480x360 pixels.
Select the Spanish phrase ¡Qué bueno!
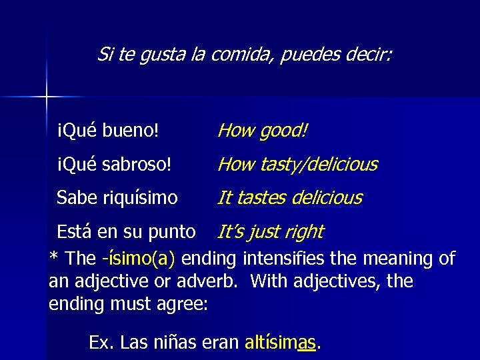108,131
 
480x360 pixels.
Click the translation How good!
263,131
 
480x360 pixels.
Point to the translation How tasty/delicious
297,164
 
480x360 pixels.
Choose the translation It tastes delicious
290,198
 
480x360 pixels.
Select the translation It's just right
270,232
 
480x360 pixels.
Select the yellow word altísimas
281,343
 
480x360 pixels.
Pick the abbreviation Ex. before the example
101,343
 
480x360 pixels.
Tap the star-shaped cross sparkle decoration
47,97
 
